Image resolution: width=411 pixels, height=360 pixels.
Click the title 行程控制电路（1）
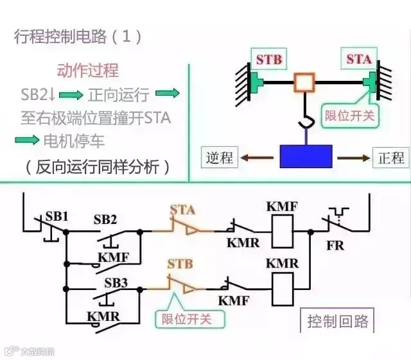[78, 37]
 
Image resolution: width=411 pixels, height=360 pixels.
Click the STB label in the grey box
[269, 60]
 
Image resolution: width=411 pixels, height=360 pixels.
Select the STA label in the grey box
[359, 59]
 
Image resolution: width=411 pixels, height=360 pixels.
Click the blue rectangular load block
[306, 156]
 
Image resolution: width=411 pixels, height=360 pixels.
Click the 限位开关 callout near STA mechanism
[349, 116]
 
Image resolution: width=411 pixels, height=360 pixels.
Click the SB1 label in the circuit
[57, 216]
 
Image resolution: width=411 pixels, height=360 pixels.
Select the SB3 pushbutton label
[116, 283]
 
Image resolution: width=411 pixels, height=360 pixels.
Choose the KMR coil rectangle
[283, 288]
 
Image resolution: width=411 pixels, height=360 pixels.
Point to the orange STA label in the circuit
[182, 210]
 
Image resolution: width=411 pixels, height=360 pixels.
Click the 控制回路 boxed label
[337, 320]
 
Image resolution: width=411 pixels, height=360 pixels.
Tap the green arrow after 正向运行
[169, 95]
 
